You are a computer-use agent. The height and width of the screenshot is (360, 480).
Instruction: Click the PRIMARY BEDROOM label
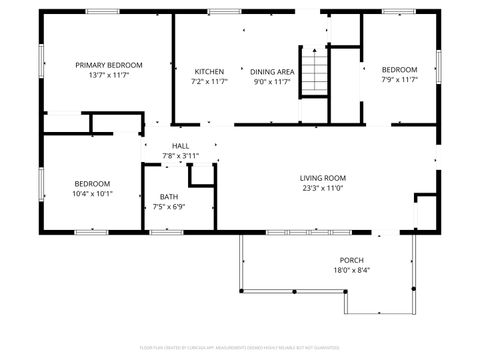109,64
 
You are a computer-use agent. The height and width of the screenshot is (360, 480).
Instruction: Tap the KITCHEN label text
209,71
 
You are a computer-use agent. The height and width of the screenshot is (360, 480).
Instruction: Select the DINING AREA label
272,71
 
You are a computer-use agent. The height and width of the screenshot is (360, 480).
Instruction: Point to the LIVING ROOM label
323,178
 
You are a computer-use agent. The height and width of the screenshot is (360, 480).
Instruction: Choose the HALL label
180,146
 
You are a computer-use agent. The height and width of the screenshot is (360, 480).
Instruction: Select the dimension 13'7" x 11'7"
109,74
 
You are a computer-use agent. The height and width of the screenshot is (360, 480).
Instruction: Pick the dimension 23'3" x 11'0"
323,188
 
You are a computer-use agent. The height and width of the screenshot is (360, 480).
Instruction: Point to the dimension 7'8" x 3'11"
180,156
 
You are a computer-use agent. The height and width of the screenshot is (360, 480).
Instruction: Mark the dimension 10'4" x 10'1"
92,193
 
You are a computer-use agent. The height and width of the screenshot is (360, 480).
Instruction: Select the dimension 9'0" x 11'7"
272,81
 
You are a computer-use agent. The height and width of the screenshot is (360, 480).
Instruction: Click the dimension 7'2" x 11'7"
209,81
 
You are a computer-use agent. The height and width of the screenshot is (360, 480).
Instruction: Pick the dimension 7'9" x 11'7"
399,78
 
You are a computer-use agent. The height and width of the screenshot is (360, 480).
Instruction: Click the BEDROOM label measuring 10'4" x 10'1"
92,183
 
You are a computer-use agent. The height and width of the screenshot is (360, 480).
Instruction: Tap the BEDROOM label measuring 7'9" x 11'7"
399,68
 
